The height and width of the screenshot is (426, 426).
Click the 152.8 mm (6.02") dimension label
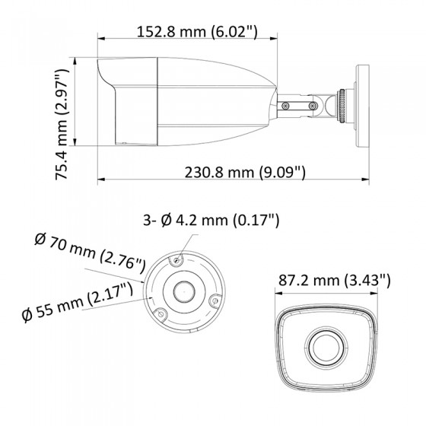point(197,32)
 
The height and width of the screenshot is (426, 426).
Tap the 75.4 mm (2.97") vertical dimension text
point(62,125)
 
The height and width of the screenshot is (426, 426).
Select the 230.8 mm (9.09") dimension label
point(245,172)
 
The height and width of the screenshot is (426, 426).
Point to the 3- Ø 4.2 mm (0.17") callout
point(211,220)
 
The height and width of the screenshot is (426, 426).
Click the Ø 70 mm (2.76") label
point(90,253)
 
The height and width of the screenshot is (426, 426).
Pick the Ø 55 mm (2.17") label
point(78,302)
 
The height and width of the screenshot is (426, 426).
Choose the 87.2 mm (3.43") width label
point(335,280)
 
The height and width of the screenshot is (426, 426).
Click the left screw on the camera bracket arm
point(285,105)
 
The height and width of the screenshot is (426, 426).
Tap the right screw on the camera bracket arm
point(313,105)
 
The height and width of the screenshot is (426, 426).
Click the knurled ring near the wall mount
point(342,106)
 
